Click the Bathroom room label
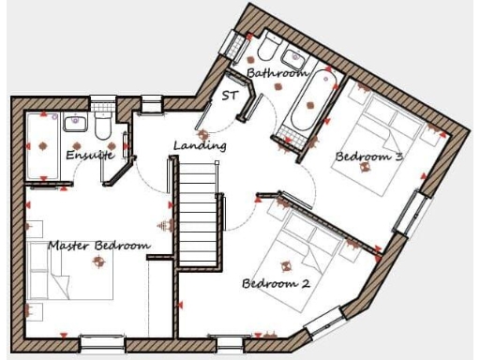tap(277, 72)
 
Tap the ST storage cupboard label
tap(230, 96)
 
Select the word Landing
tap(200, 146)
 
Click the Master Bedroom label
tap(98, 246)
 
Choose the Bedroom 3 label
tap(369, 157)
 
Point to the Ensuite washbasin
tap(75, 123)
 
